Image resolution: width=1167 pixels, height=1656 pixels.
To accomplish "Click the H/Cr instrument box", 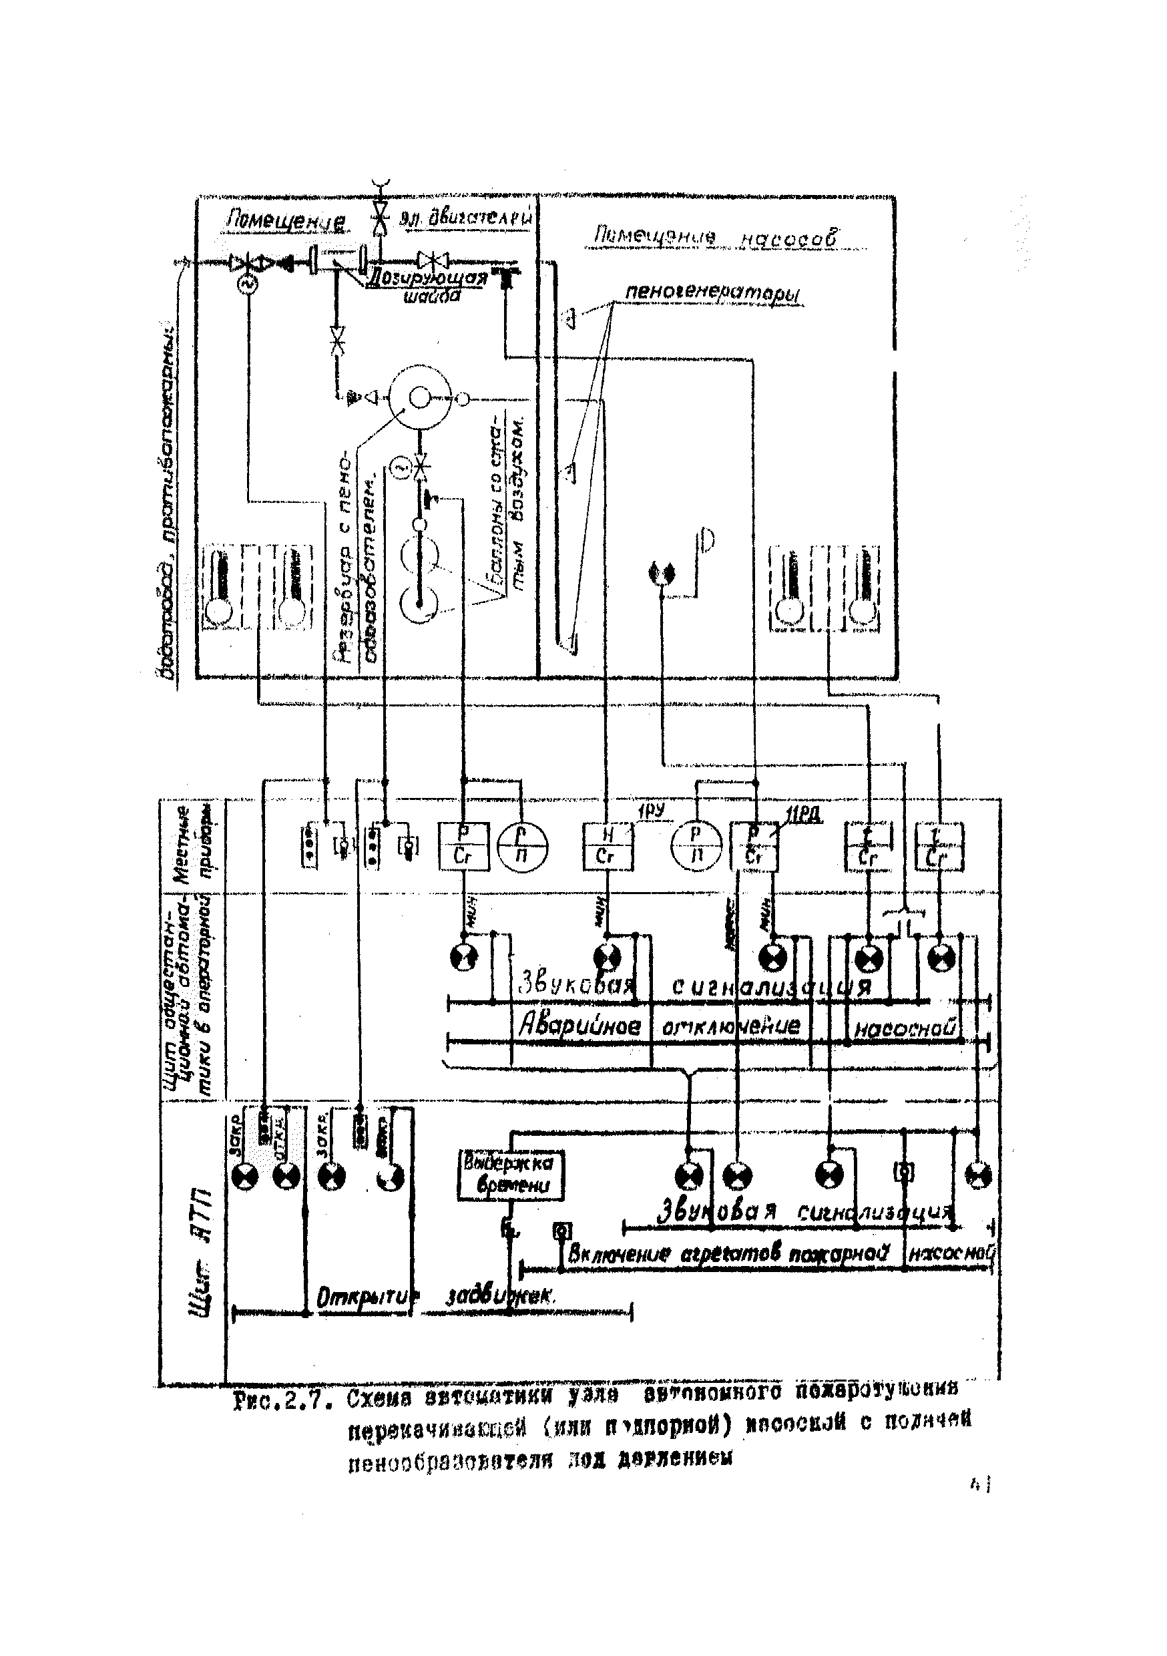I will click(x=608, y=846).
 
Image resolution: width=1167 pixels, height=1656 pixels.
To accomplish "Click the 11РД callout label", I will click(x=802, y=816).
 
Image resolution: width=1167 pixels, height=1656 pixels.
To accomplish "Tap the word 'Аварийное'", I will click(x=581, y=1026).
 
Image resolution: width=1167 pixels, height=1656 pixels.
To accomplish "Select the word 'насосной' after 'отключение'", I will click(x=905, y=1028).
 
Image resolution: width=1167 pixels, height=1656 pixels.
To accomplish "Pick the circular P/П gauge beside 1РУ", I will click(x=696, y=846).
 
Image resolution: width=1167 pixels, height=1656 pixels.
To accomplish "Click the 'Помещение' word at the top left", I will click(x=286, y=220).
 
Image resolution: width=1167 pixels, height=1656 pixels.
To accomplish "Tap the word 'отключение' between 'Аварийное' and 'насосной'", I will click(x=730, y=1026).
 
